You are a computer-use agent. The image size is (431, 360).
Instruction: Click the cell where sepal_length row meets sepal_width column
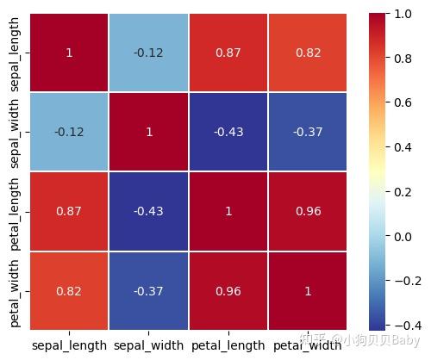tap(148, 53)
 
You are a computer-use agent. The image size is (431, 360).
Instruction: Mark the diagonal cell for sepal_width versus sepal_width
tap(148, 132)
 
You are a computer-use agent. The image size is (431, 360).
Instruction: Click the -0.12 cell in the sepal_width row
tap(69, 132)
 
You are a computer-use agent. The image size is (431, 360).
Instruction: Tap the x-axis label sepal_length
tap(69, 345)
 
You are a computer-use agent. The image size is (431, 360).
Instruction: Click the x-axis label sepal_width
tap(148, 345)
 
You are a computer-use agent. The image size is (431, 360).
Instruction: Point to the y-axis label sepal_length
tap(16, 53)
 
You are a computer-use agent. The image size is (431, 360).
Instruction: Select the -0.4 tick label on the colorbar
tap(404, 324)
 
